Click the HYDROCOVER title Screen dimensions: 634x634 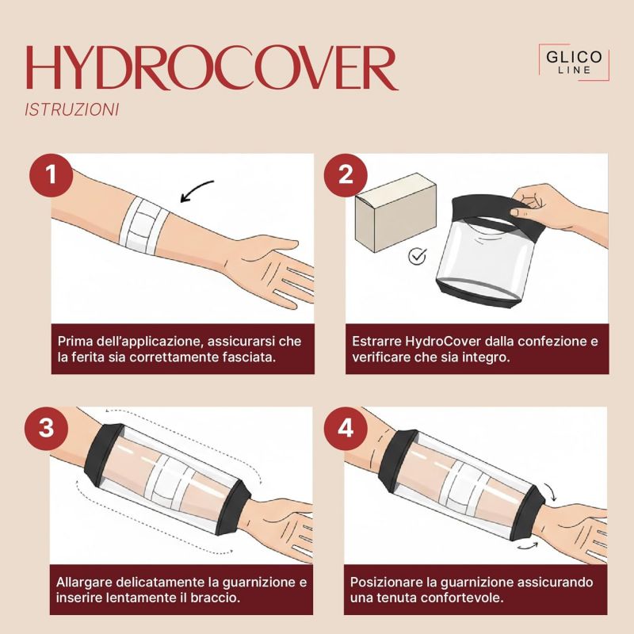(x=212, y=67)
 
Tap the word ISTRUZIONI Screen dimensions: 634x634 (x=72, y=110)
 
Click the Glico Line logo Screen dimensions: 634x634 (x=574, y=62)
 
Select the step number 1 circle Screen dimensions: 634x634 (x=51, y=175)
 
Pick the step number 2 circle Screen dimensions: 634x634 (x=346, y=175)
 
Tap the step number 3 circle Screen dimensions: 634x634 (x=46, y=428)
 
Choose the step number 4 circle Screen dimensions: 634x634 (x=346, y=428)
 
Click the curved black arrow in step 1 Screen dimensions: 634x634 (x=196, y=189)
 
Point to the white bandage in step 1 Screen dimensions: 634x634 (x=144, y=225)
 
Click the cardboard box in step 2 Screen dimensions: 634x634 (x=395, y=212)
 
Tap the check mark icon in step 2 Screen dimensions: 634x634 (x=418, y=256)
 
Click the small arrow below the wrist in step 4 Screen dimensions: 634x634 (x=528, y=546)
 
